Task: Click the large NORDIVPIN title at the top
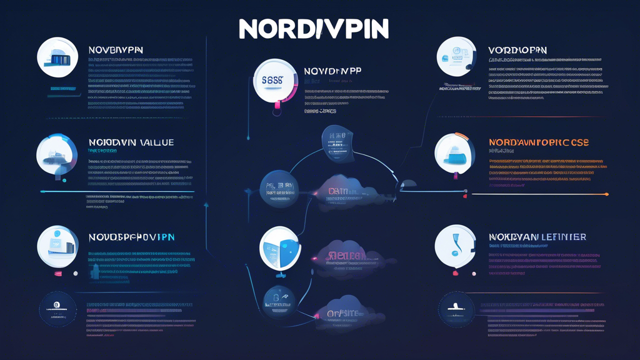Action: tap(314, 29)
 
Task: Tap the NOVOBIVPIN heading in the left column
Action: tap(116, 49)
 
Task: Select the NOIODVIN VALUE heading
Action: tap(131, 142)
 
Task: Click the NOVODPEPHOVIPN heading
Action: tap(131, 237)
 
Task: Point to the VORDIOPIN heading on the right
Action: tap(517, 49)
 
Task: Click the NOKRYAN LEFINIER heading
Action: tap(537, 237)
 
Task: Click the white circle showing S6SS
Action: tap(275, 81)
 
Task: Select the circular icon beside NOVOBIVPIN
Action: tap(57, 57)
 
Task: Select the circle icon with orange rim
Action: tap(455, 153)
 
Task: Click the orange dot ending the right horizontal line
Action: tap(607, 194)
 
